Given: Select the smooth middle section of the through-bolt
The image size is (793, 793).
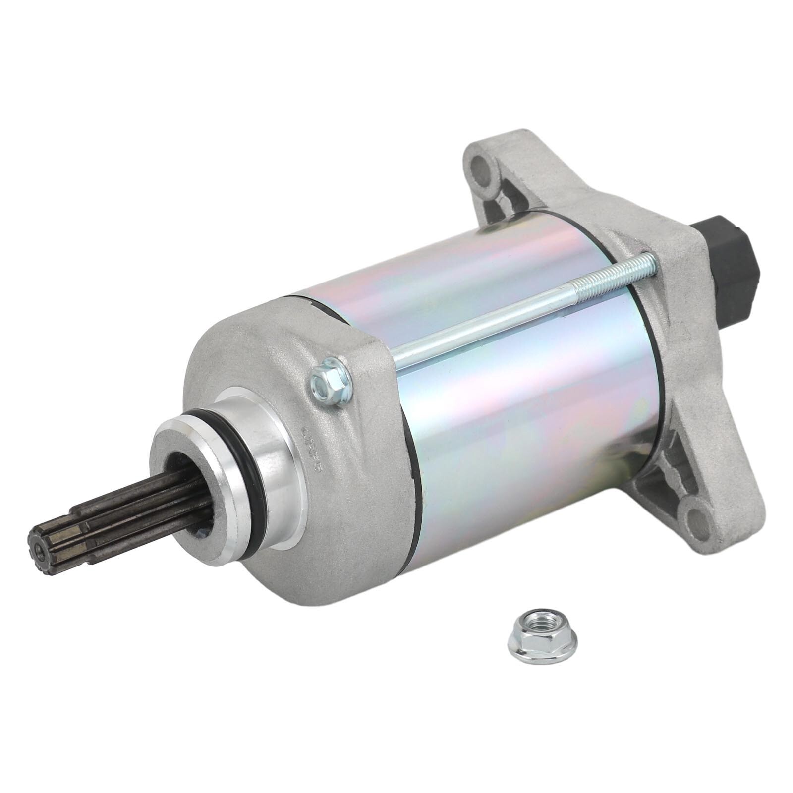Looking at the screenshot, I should click(496, 323).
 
